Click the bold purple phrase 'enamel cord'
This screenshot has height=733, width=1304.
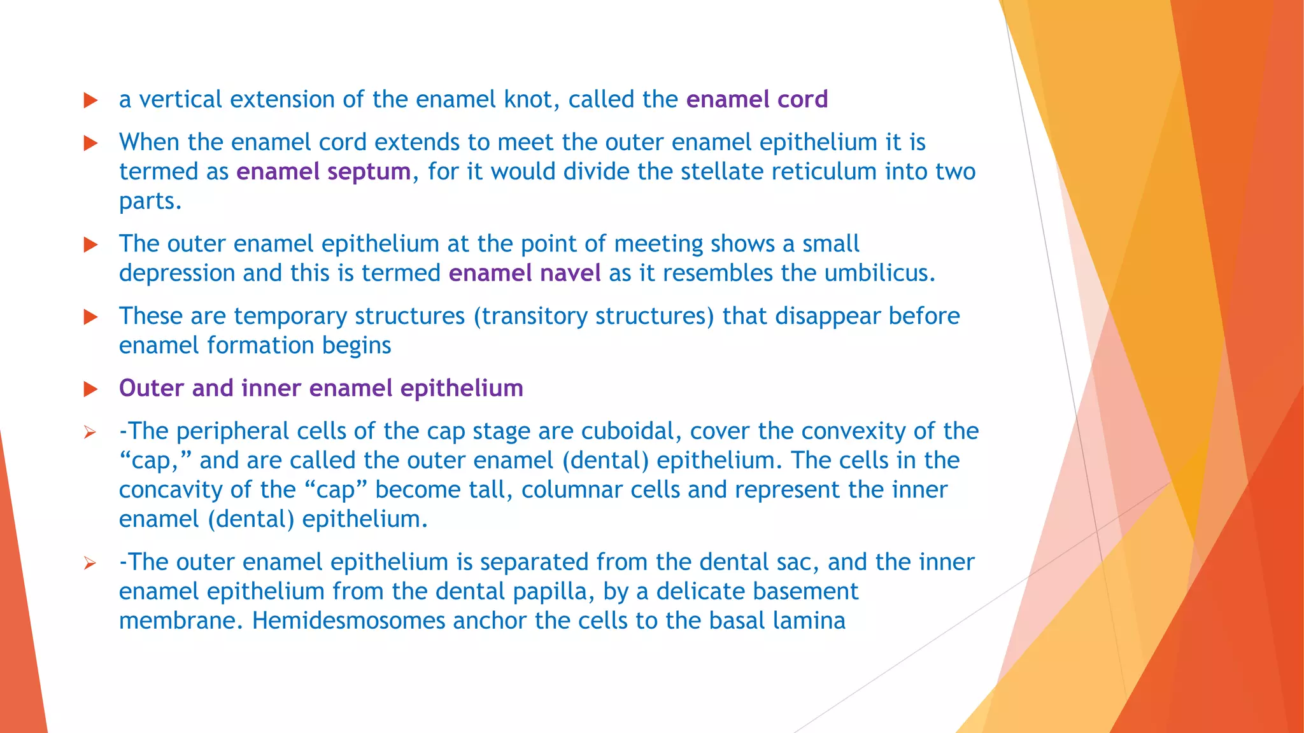(756, 100)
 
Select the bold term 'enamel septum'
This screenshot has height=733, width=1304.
(323, 172)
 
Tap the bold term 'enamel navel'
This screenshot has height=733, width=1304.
(525, 274)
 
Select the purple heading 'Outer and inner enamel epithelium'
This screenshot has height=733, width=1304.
(321, 389)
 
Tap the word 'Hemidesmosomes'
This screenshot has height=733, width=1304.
(348, 621)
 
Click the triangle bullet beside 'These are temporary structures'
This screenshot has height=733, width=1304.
(91, 317)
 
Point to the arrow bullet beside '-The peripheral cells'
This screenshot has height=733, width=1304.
(90, 433)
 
